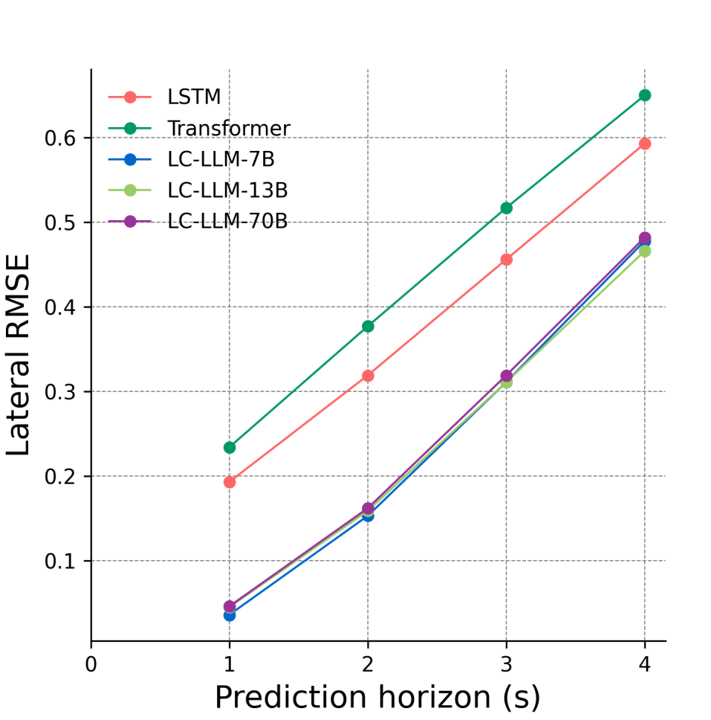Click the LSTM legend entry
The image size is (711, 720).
(x=195, y=97)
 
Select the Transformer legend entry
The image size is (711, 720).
(x=228, y=129)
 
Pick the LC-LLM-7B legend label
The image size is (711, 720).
(x=221, y=159)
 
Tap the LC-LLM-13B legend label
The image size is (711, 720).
(x=227, y=190)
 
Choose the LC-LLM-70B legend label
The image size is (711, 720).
(x=227, y=221)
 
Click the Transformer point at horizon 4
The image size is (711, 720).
(x=645, y=95)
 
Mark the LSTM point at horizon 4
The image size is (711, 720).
(x=645, y=144)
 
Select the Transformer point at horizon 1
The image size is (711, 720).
(x=230, y=447)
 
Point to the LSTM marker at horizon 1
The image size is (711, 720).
(x=230, y=482)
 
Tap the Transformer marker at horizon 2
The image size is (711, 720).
(x=368, y=326)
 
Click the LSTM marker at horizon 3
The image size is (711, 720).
(x=506, y=260)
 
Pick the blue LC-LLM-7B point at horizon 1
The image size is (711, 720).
(x=230, y=615)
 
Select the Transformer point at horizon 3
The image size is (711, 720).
(x=506, y=208)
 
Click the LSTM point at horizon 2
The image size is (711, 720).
(x=368, y=376)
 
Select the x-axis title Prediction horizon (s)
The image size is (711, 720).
(x=377, y=698)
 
